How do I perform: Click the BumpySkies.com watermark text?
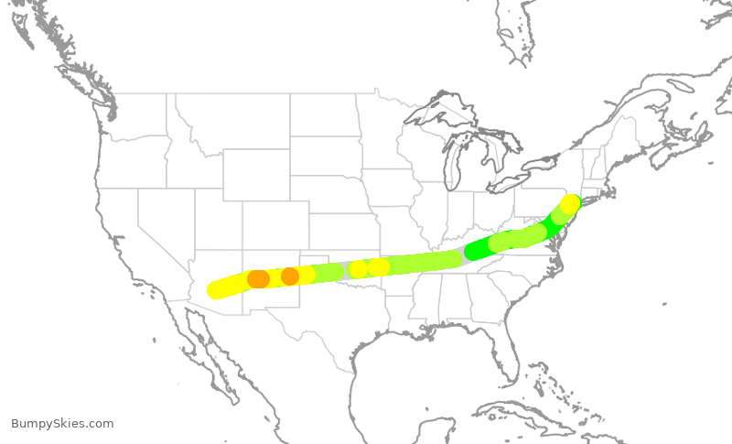coord(62,424)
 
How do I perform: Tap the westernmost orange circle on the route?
coord(258,278)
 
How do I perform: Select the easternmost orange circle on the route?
coord(290,276)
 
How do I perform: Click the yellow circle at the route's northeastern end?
coord(570,203)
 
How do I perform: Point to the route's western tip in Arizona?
coord(216,290)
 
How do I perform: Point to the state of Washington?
coord(133,114)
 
